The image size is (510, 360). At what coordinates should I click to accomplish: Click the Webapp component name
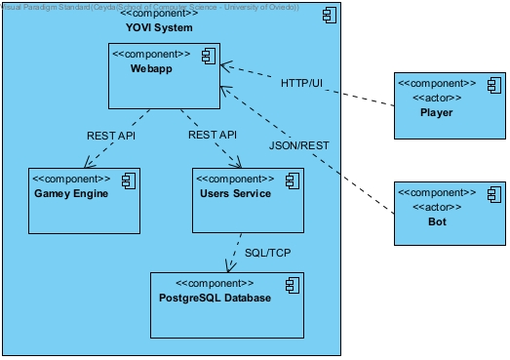click(150, 70)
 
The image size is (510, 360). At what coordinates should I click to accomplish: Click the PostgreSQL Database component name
click(215, 297)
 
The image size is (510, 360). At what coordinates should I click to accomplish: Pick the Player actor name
click(436, 112)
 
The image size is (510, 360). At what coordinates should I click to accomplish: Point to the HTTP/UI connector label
click(301, 84)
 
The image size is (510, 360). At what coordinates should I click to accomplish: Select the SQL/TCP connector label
click(267, 252)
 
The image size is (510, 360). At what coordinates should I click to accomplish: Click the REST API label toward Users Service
click(213, 136)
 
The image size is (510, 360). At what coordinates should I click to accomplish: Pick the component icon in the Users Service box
click(291, 180)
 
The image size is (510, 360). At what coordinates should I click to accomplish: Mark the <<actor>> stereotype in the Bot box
click(435, 207)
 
